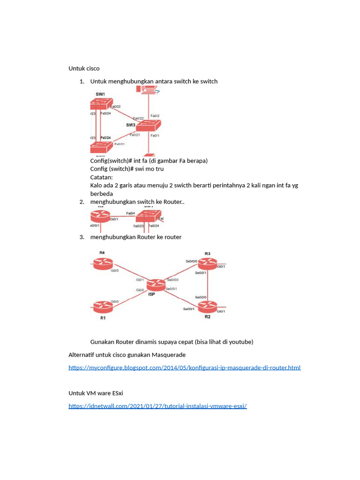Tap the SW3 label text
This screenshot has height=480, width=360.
131,125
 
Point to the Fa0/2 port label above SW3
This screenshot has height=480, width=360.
155,116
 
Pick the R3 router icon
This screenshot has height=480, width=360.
207,264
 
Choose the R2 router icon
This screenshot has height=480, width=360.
207,307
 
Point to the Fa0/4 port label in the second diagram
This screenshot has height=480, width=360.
131,213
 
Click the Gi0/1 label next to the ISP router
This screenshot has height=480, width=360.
140,280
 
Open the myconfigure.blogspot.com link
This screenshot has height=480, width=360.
184,367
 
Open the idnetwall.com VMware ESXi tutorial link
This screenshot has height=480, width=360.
157,406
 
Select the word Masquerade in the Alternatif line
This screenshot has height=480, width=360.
169,354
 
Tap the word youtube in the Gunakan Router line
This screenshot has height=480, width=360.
240,342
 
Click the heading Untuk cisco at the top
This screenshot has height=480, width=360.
84,68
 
